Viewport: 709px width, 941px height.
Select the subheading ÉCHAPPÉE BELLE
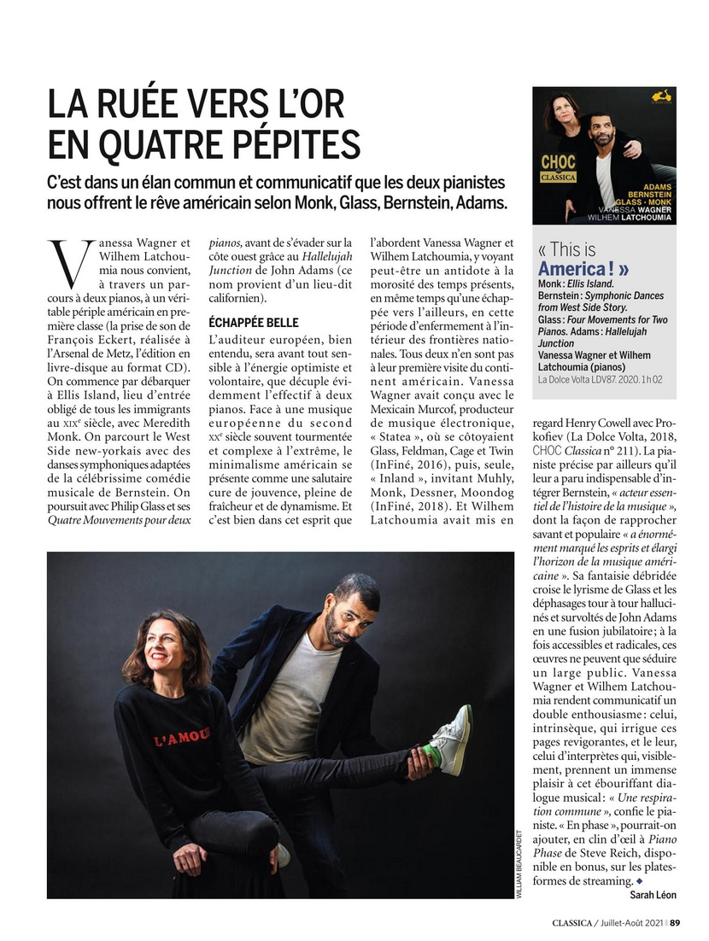pos(254,323)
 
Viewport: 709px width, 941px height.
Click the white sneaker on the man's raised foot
pos(453,739)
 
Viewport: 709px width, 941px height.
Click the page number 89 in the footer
pos(675,921)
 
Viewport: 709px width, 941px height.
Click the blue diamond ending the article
pos(638,880)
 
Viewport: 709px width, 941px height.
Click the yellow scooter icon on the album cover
pos(660,96)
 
